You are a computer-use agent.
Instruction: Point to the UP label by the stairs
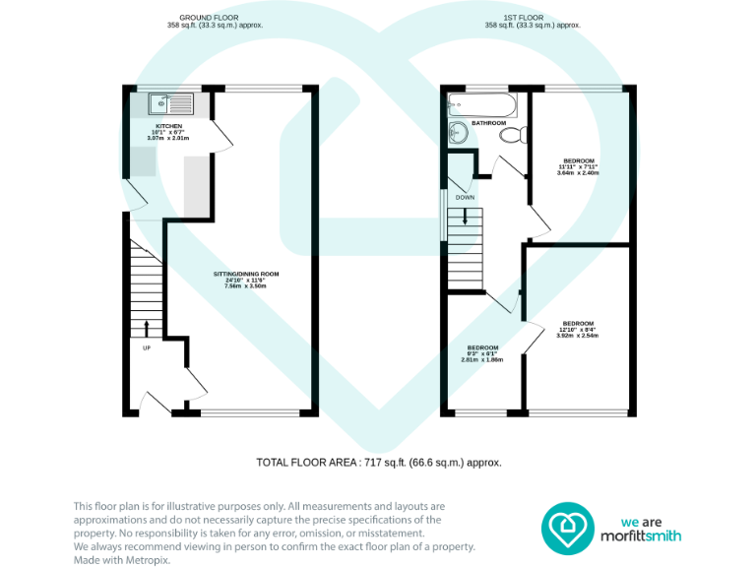[147, 347]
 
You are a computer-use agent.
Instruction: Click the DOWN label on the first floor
[465, 198]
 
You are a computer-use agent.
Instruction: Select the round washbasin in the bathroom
[460, 134]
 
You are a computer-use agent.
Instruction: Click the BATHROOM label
[488, 123]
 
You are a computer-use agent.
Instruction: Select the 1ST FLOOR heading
[534, 18]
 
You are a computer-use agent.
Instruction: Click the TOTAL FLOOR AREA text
[379, 462]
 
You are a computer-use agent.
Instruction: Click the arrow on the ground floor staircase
[147, 327]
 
